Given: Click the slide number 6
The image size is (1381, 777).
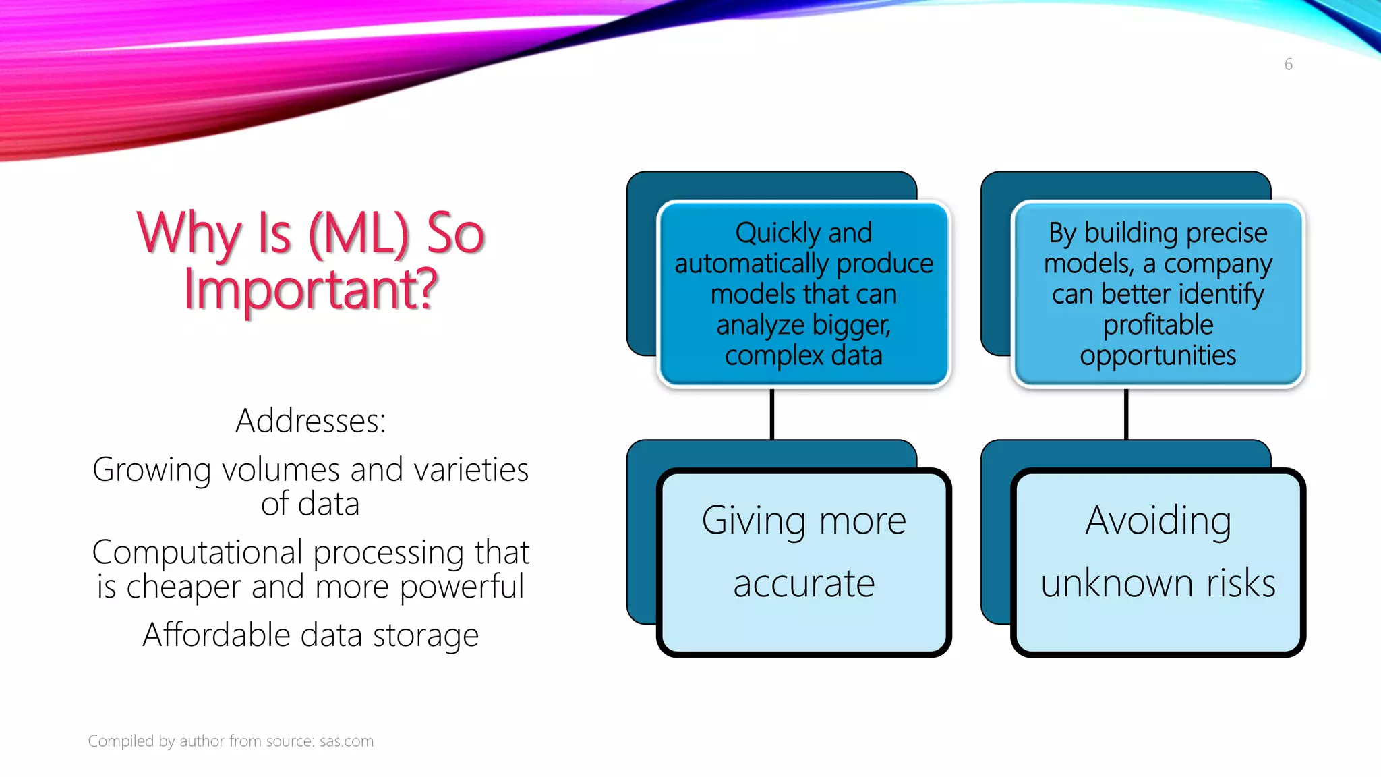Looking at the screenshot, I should tap(1288, 65).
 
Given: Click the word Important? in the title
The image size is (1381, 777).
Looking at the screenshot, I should tap(311, 289).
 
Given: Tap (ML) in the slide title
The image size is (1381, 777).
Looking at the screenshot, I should tap(359, 233).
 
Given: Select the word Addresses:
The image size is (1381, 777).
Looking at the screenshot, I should tap(311, 421).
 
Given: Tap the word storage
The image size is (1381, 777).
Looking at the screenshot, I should tap(425, 635).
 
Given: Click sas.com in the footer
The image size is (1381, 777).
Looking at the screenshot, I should tap(346, 741).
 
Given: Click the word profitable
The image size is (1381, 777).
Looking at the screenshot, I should tap(1158, 325).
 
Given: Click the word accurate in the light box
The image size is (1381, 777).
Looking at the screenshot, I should tap(804, 583).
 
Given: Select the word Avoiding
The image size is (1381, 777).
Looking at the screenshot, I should tap(1158, 521).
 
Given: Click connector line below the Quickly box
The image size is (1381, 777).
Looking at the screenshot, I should tap(772, 414).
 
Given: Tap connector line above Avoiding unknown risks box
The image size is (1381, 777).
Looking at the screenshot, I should tap(1126, 414).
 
